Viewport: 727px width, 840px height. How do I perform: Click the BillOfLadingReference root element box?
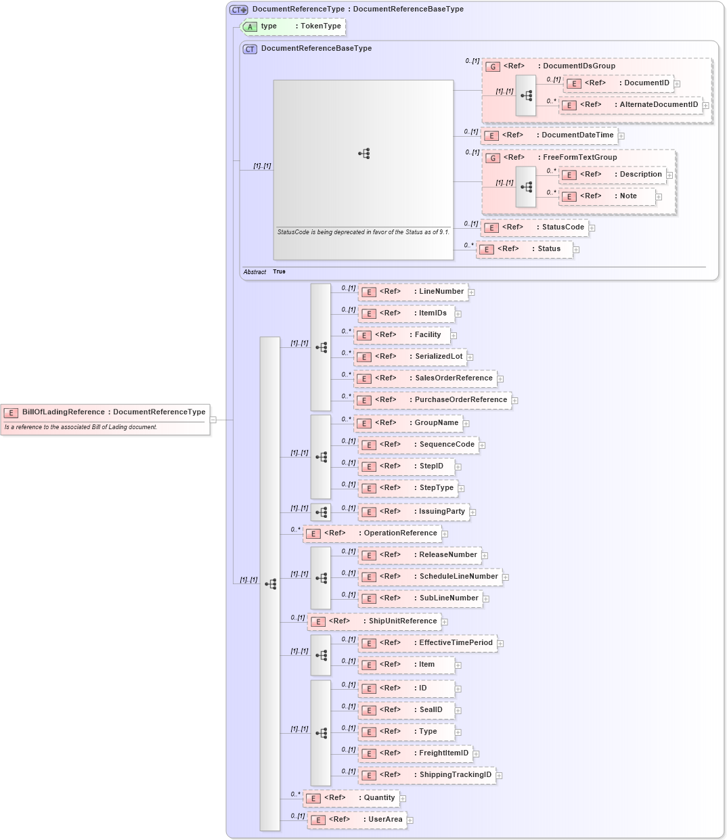pyautogui.click(x=106, y=412)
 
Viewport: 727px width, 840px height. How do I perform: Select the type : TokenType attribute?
pyautogui.click(x=294, y=26)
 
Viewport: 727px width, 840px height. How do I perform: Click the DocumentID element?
pyautogui.click(x=619, y=83)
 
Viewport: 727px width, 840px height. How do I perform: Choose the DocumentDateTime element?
pyautogui.click(x=549, y=135)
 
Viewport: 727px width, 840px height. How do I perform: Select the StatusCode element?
pyautogui.click(x=534, y=227)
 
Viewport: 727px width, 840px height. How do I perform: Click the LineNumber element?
pyautogui.click(x=413, y=292)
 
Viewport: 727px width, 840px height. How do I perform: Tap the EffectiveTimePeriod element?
pyautogui.click(x=427, y=643)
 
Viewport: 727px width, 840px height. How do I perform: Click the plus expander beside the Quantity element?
pyautogui.click(x=403, y=799)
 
